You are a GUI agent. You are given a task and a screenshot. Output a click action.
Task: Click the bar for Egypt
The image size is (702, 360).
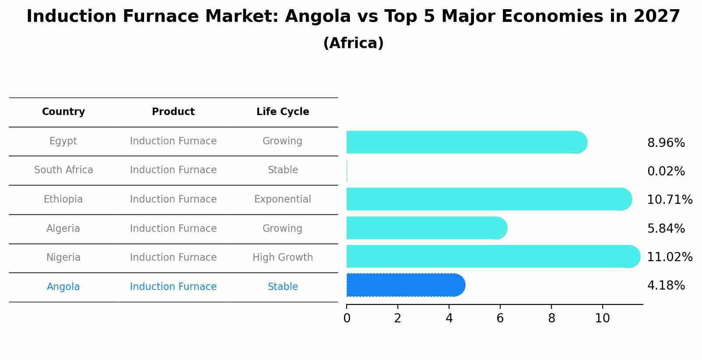(466, 142)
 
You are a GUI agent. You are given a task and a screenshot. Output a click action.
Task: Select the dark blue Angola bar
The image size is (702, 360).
(405, 285)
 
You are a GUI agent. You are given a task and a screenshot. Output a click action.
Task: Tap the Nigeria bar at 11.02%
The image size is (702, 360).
(493, 256)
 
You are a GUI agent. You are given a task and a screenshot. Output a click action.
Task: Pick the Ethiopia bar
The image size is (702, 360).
(488, 199)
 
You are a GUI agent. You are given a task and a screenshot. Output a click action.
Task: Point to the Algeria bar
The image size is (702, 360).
(426, 228)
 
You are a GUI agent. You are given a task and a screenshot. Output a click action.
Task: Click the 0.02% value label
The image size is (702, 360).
(666, 171)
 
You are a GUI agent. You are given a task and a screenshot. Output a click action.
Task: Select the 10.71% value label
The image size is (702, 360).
(669, 200)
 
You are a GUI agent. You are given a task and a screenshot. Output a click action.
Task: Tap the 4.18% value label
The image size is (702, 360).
(666, 286)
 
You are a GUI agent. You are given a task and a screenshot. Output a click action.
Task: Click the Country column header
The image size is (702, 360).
(63, 112)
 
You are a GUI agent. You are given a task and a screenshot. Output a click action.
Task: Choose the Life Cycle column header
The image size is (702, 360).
(283, 112)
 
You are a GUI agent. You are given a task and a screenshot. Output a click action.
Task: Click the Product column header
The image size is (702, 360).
(173, 112)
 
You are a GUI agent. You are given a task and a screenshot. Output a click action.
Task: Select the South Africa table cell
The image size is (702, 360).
(63, 170)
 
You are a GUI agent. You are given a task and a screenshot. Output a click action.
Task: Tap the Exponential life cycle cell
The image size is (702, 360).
(283, 199)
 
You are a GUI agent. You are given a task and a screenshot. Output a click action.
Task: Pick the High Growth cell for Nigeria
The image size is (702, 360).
(283, 258)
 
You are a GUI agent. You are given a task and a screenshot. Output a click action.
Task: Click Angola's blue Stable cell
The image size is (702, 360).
(283, 287)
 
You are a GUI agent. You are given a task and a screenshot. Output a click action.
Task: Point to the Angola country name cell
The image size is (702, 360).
(63, 287)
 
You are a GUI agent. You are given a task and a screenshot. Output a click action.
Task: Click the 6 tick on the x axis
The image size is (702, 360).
(500, 318)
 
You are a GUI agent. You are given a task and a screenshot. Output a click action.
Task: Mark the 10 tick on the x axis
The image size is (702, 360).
(602, 318)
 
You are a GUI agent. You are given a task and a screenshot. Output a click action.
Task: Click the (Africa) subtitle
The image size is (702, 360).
(353, 43)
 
